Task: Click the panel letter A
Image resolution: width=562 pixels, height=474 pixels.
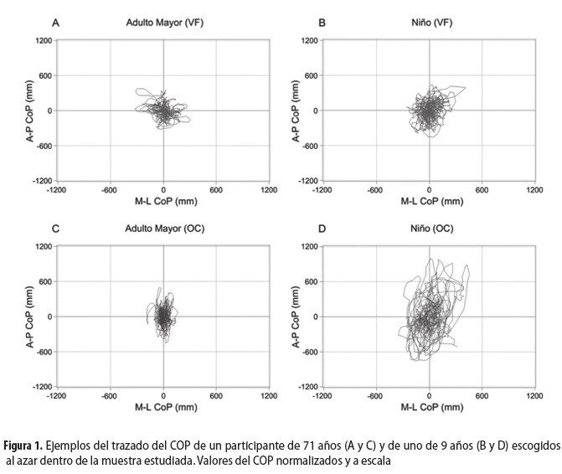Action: (x=55, y=23)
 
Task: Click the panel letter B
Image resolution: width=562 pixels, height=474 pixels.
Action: (x=323, y=23)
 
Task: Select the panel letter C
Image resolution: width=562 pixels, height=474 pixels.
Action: (x=55, y=229)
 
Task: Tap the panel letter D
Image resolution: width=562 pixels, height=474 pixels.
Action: (x=323, y=229)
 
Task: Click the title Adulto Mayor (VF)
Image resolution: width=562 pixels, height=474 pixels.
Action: (x=164, y=23)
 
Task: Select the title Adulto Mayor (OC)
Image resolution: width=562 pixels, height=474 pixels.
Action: (x=164, y=229)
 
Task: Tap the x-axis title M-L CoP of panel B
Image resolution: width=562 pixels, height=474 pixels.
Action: (x=430, y=201)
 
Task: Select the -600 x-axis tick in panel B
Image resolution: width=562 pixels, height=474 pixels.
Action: (x=375, y=190)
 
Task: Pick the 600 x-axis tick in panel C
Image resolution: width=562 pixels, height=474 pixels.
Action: (x=216, y=396)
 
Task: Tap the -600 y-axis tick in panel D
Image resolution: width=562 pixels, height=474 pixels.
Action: (x=309, y=352)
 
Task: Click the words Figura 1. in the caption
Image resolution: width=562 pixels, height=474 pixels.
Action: (x=24, y=444)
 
